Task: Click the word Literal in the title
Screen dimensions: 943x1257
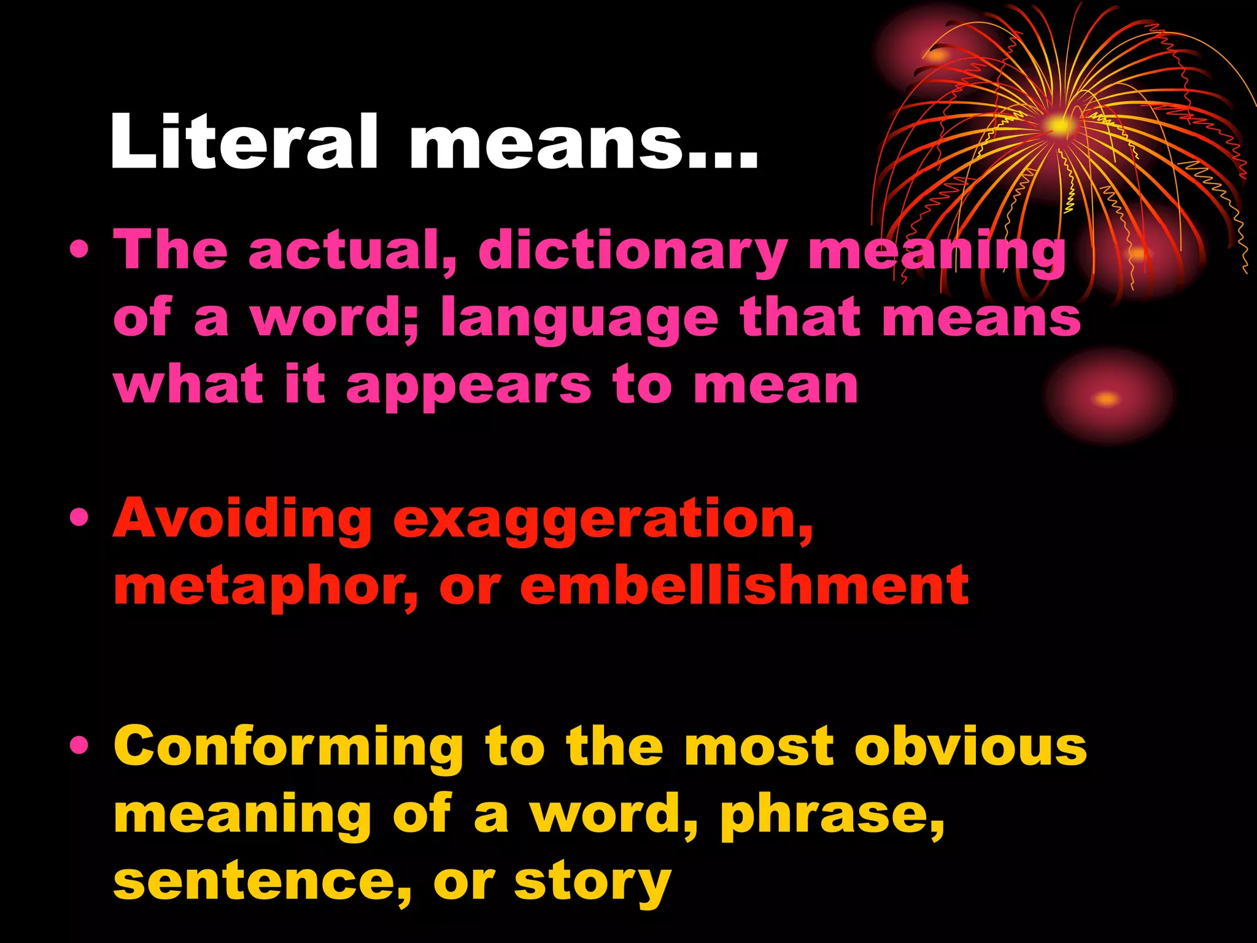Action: click(x=244, y=142)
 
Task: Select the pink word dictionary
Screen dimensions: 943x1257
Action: click(x=633, y=252)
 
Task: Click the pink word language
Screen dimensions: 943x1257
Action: click(x=579, y=319)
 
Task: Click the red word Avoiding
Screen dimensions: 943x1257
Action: click(x=242, y=519)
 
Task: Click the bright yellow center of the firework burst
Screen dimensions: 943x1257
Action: click(x=1059, y=126)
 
